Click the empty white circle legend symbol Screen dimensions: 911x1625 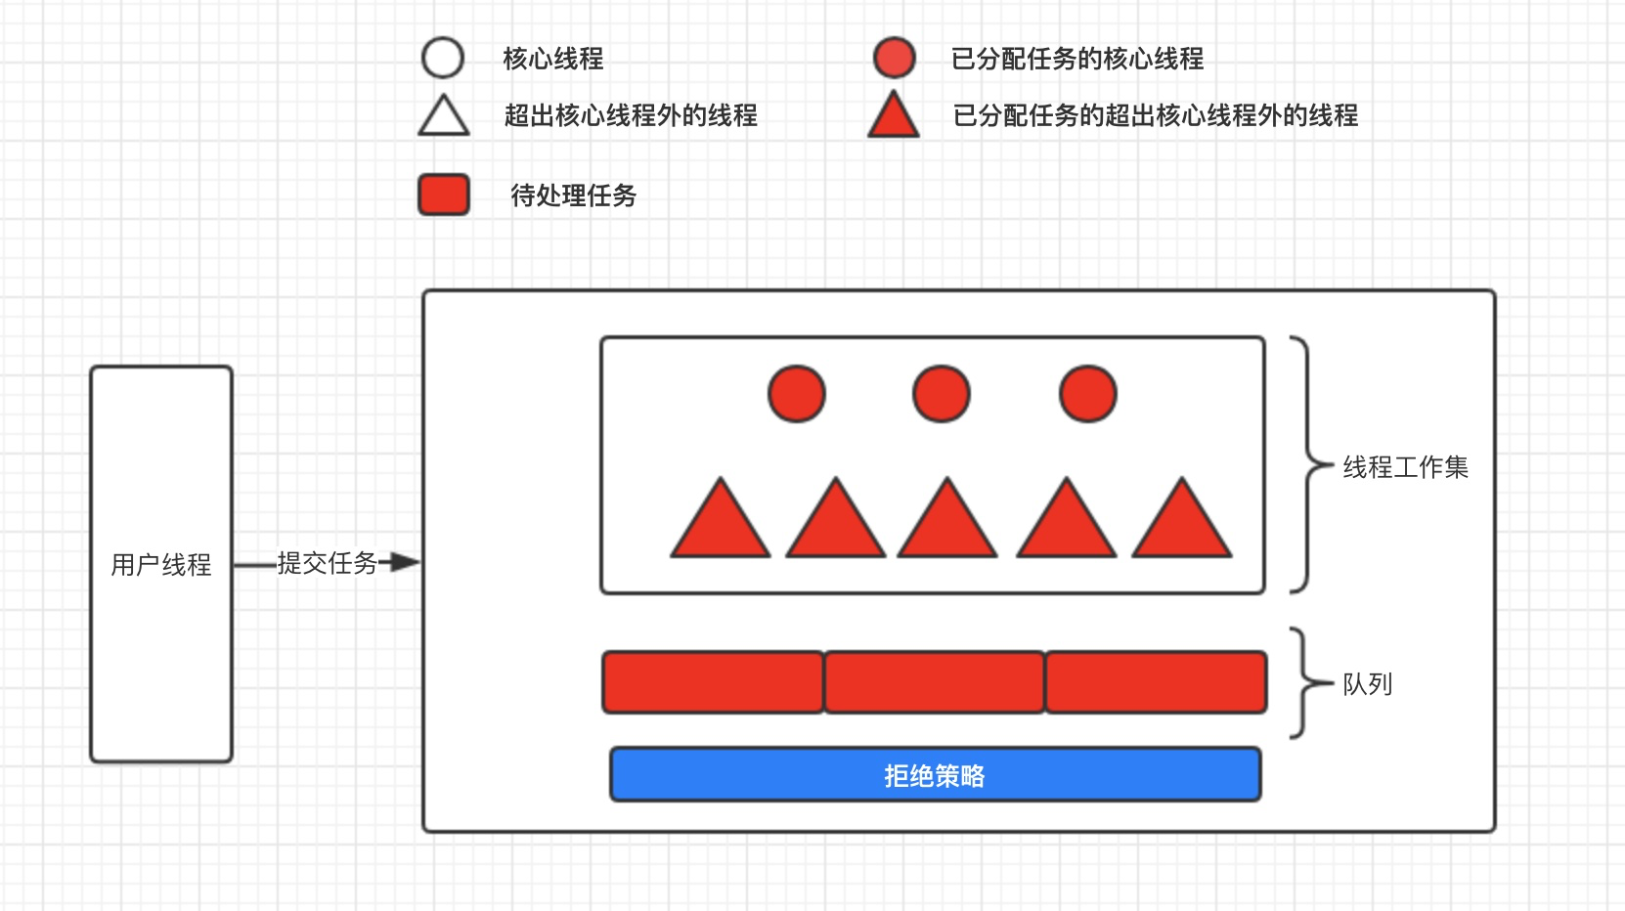[x=442, y=58]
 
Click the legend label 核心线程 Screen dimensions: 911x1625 [x=552, y=59]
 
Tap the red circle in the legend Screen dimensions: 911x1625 [x=894, y=58]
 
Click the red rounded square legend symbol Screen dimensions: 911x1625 [x=444, y=195]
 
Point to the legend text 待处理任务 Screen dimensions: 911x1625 [x=573, y=195]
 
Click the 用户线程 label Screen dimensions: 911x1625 [x=161, y=565]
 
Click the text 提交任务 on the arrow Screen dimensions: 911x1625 [x=327, y=562]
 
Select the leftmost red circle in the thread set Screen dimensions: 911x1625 [x=797, y=394]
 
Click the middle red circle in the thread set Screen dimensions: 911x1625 [x=942, y=394]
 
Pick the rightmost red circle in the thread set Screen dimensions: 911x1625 [x=1088, y=394]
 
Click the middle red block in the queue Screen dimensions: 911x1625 [x=935, y=682]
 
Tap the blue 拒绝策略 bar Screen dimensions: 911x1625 [x=935, y=775]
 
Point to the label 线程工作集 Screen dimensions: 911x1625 [x=1405, y=467]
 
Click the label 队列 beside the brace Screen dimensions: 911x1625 [x=1367, y=684]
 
